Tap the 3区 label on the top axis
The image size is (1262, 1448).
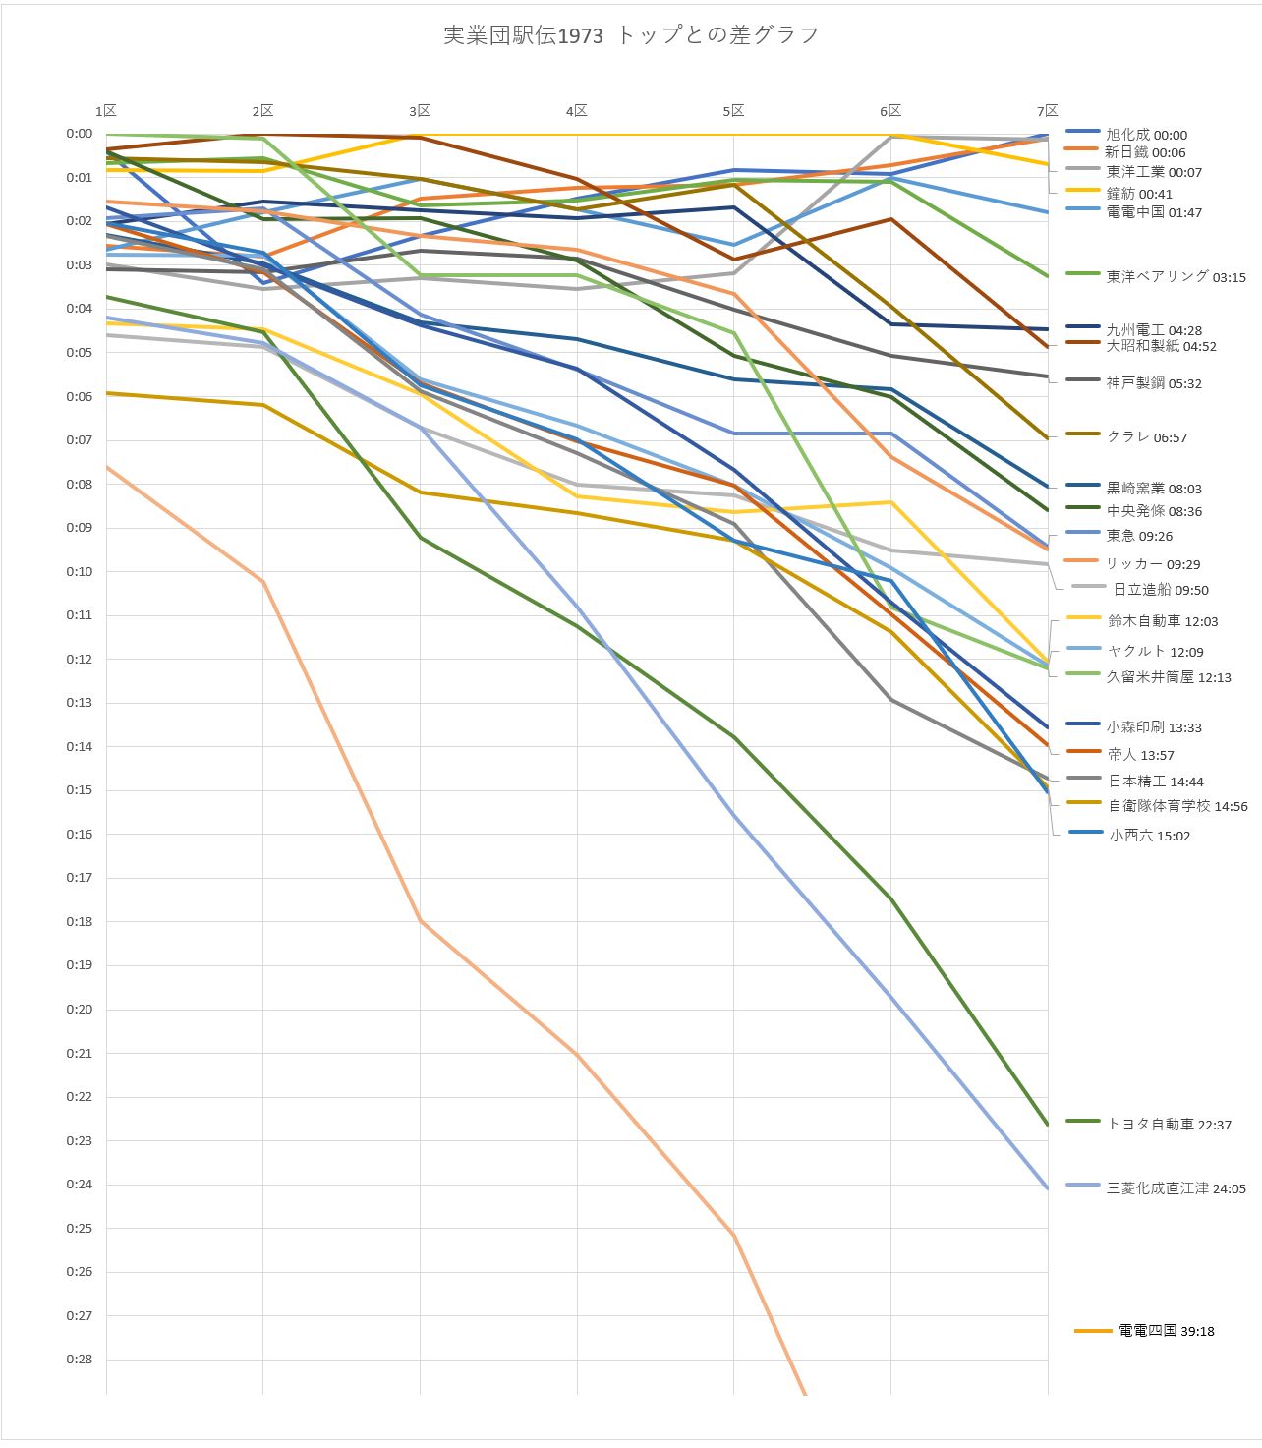pyautogui.click(x=420, y=111)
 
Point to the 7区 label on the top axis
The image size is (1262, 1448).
pyautogui.click(x=1048, y=111)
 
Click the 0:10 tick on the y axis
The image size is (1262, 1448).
pyautogui.click(x=80, y=572)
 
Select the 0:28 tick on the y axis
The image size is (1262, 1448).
pyautogui.click(x=80, y=1360)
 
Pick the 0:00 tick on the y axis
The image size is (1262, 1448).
pyautogui.click(x=80, y=134)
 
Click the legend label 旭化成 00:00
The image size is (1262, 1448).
pyautogui.click(x=1146, y=135)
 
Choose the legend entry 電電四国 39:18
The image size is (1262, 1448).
pyautogui.click(x=1166, y=1331)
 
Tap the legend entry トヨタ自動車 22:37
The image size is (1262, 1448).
pyautogui.click(x=1169, y=1125)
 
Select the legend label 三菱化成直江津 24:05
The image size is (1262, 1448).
pyautogui.click(x=1176, y=1188)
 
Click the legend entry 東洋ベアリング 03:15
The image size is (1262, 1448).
pyautogui.click(x=1176, y=277)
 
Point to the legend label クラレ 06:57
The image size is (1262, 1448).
pyautogui.click(x=1147, y=437)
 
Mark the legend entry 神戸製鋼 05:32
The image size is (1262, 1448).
pyautogui.click(x=1154, y=383)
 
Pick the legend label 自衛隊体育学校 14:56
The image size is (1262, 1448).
pyautogui.click(x=1177, y=806)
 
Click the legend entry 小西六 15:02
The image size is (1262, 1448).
pyautogui.click(x=1149, y=836)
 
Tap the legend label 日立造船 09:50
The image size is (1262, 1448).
pyautogui.click(x=1161, y=590)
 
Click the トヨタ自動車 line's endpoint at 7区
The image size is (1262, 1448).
pyautogui.click(x=1048, y=1125)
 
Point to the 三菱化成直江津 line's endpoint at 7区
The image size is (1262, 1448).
pyautogui.click(x=1048, y=1188)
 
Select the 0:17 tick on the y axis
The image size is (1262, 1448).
pyautogui.click(x=80, y=878)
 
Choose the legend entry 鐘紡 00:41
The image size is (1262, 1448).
pyautogui.click(x=1139, y=194)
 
